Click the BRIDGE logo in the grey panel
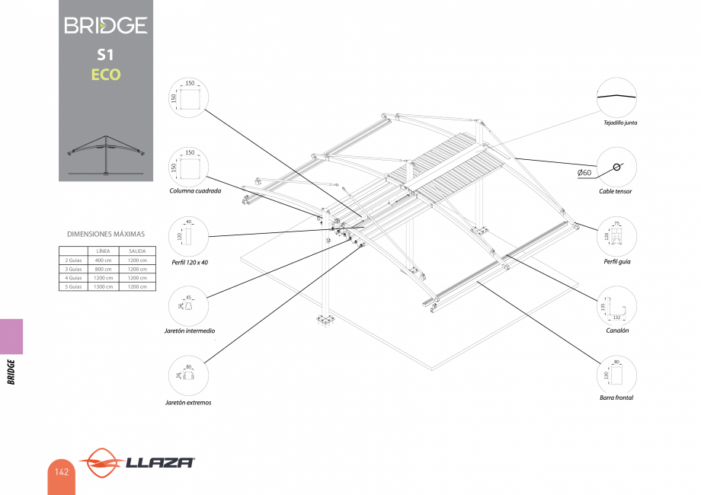106,25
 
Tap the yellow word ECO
106,75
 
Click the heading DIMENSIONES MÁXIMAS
106,234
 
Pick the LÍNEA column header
104,251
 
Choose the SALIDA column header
138,251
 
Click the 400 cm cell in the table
104,260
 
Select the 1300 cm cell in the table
104,286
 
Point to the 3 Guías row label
73,269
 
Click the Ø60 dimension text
585,173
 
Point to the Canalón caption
617,331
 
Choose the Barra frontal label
616,398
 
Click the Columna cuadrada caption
195,191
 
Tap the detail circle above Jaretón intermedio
189,305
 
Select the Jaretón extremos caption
188,402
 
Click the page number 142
62,472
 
